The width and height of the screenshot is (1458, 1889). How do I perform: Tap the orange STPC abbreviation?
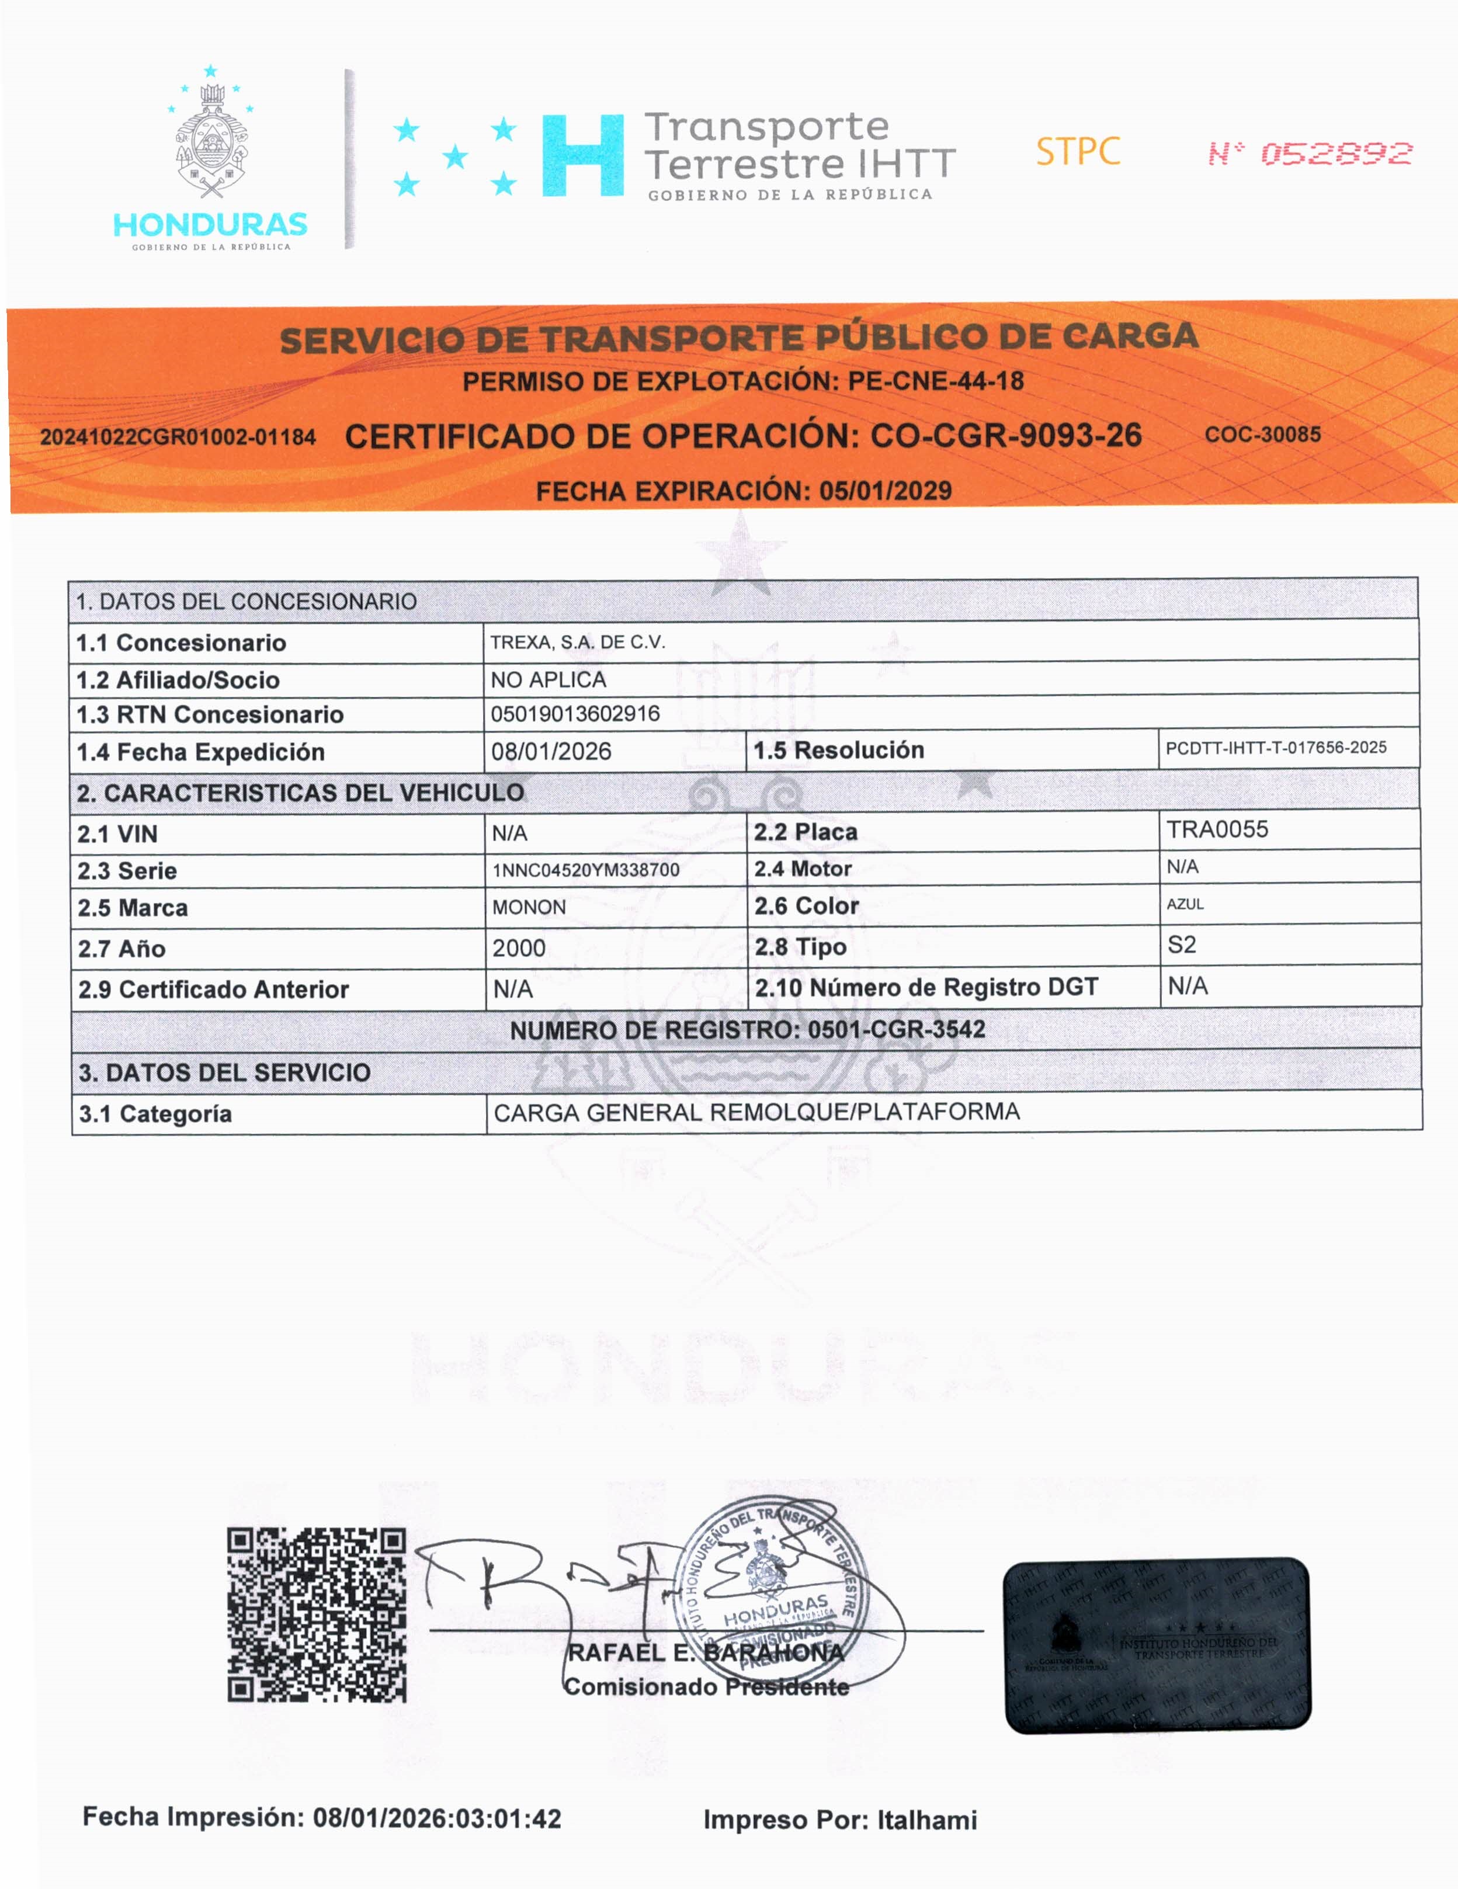[x=1078, y=152]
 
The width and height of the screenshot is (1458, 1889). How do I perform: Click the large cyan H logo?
[x=583, y=156]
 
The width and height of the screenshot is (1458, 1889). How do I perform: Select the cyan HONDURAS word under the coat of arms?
[x=210, y=225]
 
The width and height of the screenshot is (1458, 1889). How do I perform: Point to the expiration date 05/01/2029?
[x=886, y=491]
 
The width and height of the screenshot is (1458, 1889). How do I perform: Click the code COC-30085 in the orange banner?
[x=1262, y=434]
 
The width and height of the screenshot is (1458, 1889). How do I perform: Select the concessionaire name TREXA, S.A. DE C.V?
[x=578, y=643]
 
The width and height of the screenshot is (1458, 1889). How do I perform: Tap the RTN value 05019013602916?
[x=575, y=714]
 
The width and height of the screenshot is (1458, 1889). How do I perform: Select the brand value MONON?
[x=529, y=907]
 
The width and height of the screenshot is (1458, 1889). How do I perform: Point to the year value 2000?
[x=519, y=949]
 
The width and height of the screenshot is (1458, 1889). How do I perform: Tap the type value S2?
[x=1181, y=945]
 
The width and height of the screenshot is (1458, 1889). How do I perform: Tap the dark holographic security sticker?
[x=1157, y=1645]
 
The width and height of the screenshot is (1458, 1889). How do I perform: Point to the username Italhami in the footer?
[x=927, y=1821]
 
